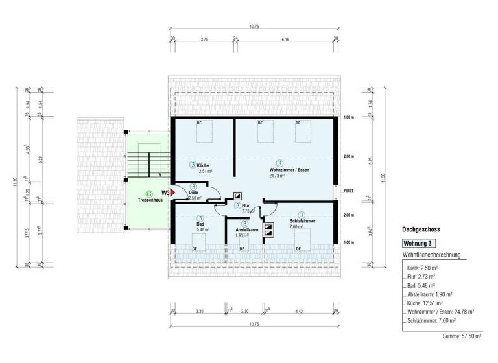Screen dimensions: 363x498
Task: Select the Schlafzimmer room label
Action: [x=302, y=221]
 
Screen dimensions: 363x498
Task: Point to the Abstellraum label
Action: [x=247, y=229]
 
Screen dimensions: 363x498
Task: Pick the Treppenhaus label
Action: [x=149, y=200]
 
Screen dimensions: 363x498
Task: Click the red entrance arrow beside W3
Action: [x=173, y=193]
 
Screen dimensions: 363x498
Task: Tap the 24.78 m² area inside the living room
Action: [x=280, y=175]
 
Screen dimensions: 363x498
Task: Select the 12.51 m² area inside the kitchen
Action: [x=202, y=171]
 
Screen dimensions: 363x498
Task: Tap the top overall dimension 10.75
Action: [x=253, y=27]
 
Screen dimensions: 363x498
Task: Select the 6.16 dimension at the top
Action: [x=285, y=39]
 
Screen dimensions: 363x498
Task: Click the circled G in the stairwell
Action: [x=149, y=193]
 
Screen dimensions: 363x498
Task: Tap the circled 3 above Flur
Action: [x=238, y=205]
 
